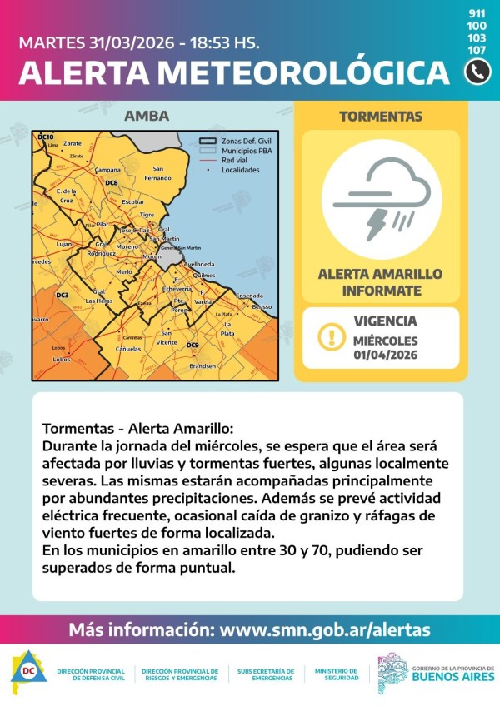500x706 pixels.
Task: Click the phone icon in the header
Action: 477,72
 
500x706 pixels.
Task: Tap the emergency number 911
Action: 477,14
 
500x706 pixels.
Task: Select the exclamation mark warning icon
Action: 331,337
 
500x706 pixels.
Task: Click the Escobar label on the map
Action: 133,202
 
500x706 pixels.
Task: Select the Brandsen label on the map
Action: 202,366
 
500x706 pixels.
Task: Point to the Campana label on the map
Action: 107,170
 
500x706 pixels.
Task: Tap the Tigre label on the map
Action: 147,215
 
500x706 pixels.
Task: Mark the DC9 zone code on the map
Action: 192,345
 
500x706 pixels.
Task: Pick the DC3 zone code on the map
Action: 62,296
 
